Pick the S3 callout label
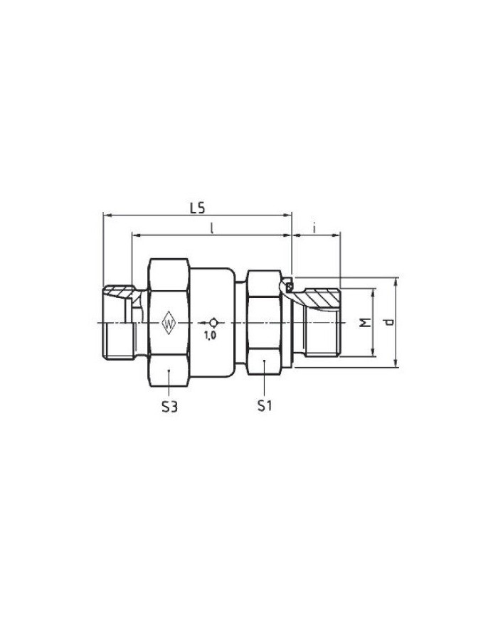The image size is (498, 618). click(168, 408)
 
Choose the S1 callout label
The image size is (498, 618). click(265, 408)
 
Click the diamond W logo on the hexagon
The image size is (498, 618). click(169, 324)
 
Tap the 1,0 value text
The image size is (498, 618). click(210, 335)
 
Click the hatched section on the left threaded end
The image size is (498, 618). click(119, 292)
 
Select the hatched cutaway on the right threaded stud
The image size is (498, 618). click(320, 297)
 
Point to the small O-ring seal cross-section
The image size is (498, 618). click(290, 287)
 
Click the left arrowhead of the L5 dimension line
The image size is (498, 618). click(106, 214)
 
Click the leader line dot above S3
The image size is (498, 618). click(168, 371)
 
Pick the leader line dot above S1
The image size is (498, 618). click(264, 363)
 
